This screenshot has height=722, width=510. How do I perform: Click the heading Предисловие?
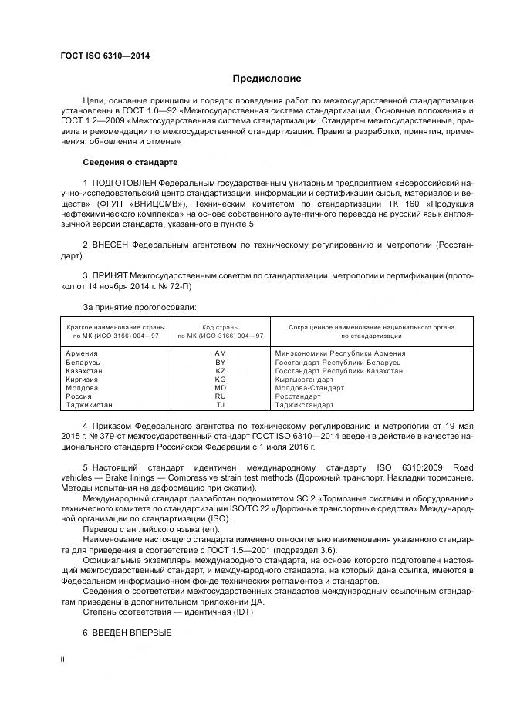point(268,79)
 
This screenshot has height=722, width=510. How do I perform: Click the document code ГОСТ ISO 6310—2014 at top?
point(106,56)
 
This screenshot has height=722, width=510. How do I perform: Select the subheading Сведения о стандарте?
point(130,163)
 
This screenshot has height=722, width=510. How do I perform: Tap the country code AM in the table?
point(220,353)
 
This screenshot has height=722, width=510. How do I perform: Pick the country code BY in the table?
point(220,362)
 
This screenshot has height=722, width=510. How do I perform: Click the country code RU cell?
point(220,396)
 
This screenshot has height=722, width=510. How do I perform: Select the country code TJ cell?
point(220,405)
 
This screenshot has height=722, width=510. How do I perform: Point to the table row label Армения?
point(83,353)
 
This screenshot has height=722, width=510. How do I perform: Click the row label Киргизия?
point(85,380)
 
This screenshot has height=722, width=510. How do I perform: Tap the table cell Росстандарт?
point(297,396)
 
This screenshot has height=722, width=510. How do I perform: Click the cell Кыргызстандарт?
point(304,380)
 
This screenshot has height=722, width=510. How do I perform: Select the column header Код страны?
point(220,327)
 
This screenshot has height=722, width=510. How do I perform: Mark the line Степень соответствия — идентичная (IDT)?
point(167,612)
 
